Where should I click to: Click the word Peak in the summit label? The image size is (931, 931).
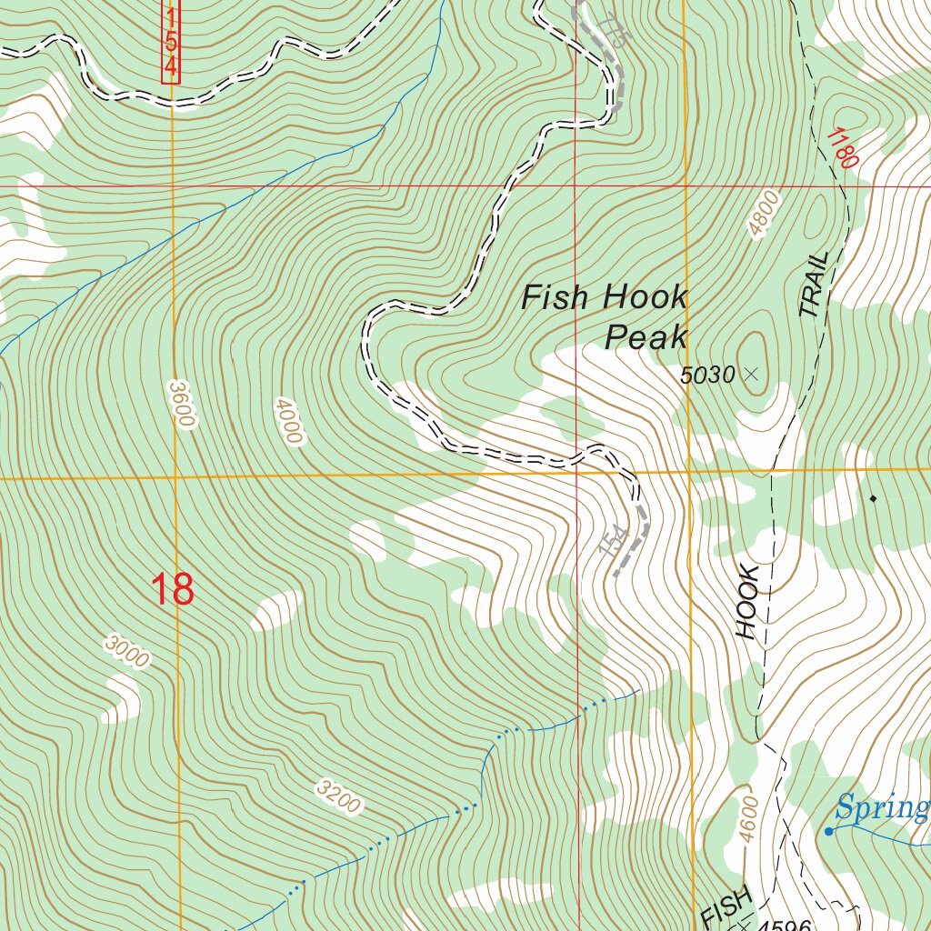[646, 337]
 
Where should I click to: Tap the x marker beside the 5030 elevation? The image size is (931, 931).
[750, 373]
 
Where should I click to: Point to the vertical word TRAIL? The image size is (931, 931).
[815, 285]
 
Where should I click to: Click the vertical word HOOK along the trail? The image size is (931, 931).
[747, 601]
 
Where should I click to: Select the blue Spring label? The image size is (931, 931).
[882, 806]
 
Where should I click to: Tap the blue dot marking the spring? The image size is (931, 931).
[828, 831]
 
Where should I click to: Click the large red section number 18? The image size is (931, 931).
[172, 589]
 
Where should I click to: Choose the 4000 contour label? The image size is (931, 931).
[286, 420]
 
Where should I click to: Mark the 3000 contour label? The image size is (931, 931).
[126, 652]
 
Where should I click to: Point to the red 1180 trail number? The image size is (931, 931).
[842, 147]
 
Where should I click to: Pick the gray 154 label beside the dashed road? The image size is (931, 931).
[616, 540]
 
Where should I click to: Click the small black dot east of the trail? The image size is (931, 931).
[873, 497]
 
